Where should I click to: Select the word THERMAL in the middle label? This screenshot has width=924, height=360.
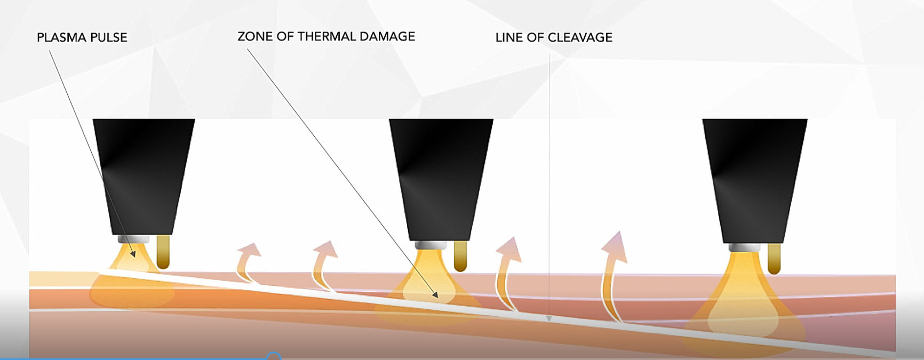326,36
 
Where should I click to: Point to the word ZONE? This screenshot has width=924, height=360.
251,36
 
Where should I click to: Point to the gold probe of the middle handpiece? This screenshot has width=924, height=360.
460,256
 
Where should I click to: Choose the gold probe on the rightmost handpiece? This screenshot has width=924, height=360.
774,259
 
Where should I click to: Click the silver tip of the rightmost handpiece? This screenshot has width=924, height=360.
744,247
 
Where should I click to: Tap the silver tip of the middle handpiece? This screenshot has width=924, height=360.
431,245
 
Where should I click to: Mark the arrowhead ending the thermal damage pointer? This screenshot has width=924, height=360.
435,294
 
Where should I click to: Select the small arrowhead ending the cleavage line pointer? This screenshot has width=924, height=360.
549,318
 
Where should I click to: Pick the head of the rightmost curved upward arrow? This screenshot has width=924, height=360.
616,244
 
